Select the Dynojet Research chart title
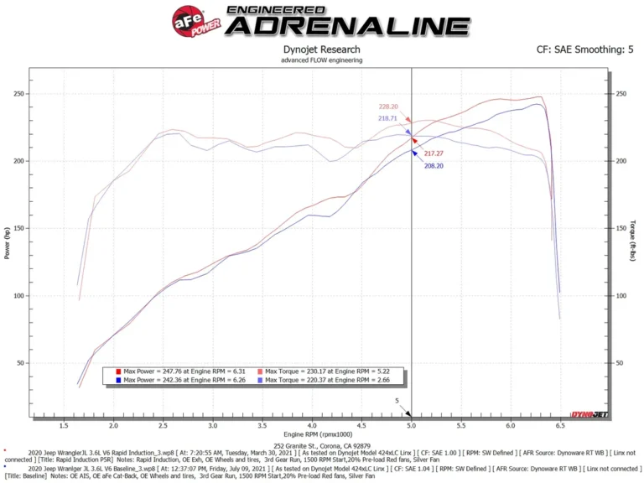point(322,49)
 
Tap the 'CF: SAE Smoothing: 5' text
point(584,49)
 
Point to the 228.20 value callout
point(388,106)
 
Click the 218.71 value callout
point(388,118)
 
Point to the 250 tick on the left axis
point(18,93)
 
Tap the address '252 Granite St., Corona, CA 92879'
point(322,445)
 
